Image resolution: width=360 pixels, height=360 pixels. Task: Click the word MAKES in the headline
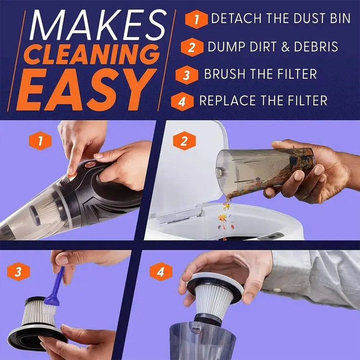click(98, 25)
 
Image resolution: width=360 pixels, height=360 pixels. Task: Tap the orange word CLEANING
click(92, 54)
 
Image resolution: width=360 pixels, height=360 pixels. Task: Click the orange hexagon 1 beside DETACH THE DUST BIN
click(196, 19)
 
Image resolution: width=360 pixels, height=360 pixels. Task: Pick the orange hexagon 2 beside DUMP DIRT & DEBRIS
click(192, 47)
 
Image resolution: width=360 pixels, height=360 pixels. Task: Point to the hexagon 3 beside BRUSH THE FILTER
click(187, 75)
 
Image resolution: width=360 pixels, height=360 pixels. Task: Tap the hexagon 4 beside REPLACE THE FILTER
click(182, 102)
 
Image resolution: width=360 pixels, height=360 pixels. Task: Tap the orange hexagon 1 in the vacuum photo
click(40, 141)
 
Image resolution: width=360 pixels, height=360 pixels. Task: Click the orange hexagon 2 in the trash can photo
click(184, 141)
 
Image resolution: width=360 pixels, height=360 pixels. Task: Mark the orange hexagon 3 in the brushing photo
click(18, 272)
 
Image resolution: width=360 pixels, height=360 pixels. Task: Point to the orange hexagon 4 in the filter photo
click(161, 272)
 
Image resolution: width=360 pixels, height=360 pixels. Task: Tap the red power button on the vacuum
click(90, 164)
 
